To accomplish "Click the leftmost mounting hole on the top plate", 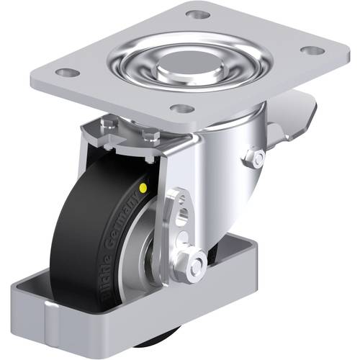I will pyautogui.click(x=66, y=73).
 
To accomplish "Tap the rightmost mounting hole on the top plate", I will pyautogui.click(x=311, y=50).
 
